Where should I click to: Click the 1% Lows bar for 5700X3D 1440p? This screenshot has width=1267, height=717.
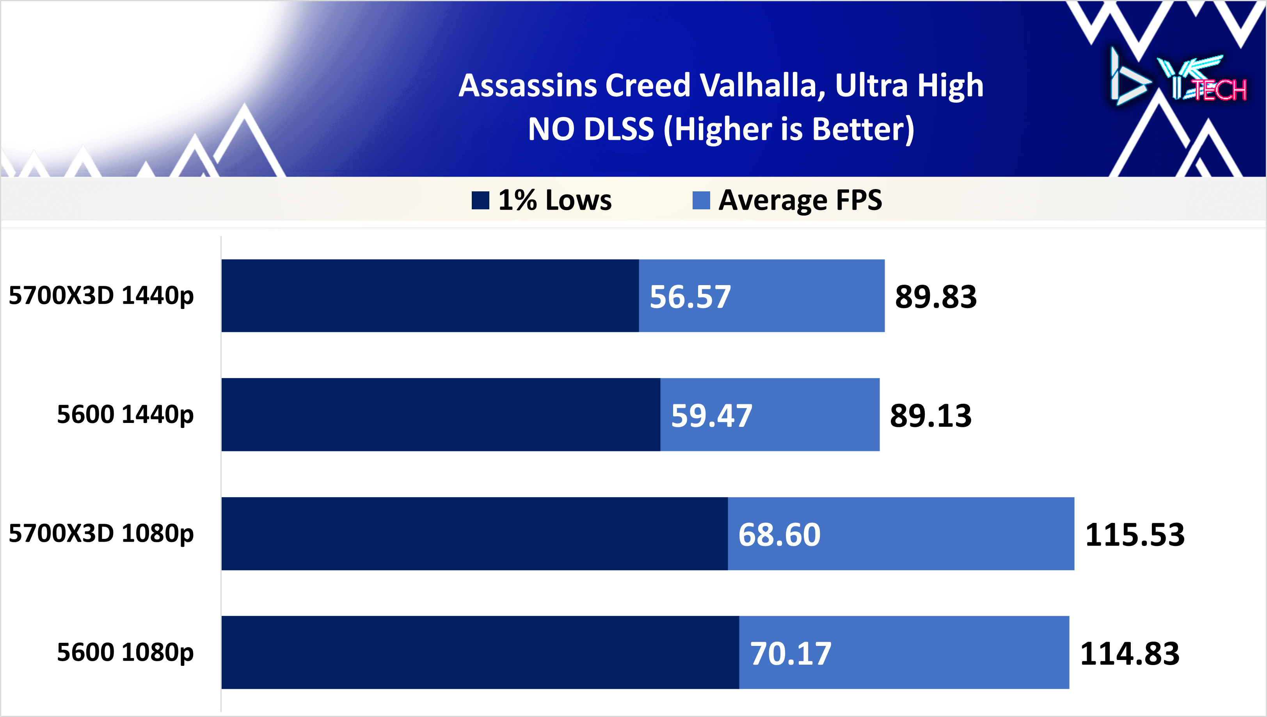[x=430, y=296]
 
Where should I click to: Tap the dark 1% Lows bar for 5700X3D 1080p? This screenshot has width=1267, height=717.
[x=474, y=533]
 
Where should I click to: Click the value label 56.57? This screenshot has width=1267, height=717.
[x=690, y=297]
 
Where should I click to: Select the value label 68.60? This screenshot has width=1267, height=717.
[x=779, y=535]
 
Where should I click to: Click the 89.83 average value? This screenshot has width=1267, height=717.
[x=935, y=297]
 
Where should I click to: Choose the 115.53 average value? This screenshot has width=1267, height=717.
[x=1135, y=535]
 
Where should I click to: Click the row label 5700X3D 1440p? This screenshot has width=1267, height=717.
[x=101, y=296]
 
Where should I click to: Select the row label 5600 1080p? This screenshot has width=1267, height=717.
[x=125, y=652]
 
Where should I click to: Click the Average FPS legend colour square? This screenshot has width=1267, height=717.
[x=701, y=200]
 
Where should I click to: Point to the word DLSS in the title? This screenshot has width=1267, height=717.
[x=618, y=129]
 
